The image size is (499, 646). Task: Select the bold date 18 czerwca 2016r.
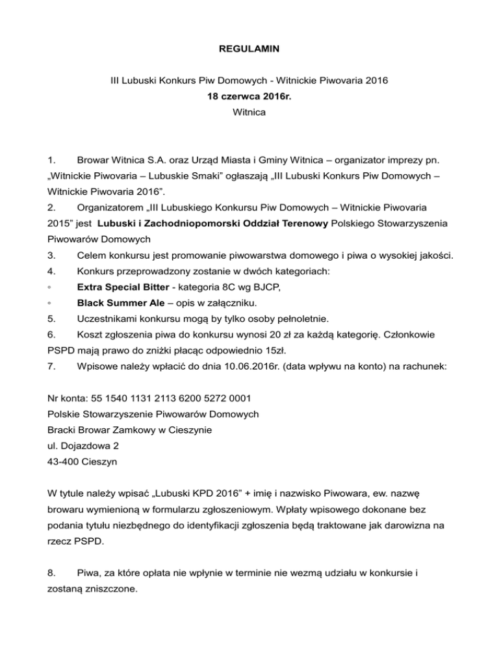tap(249, 96)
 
